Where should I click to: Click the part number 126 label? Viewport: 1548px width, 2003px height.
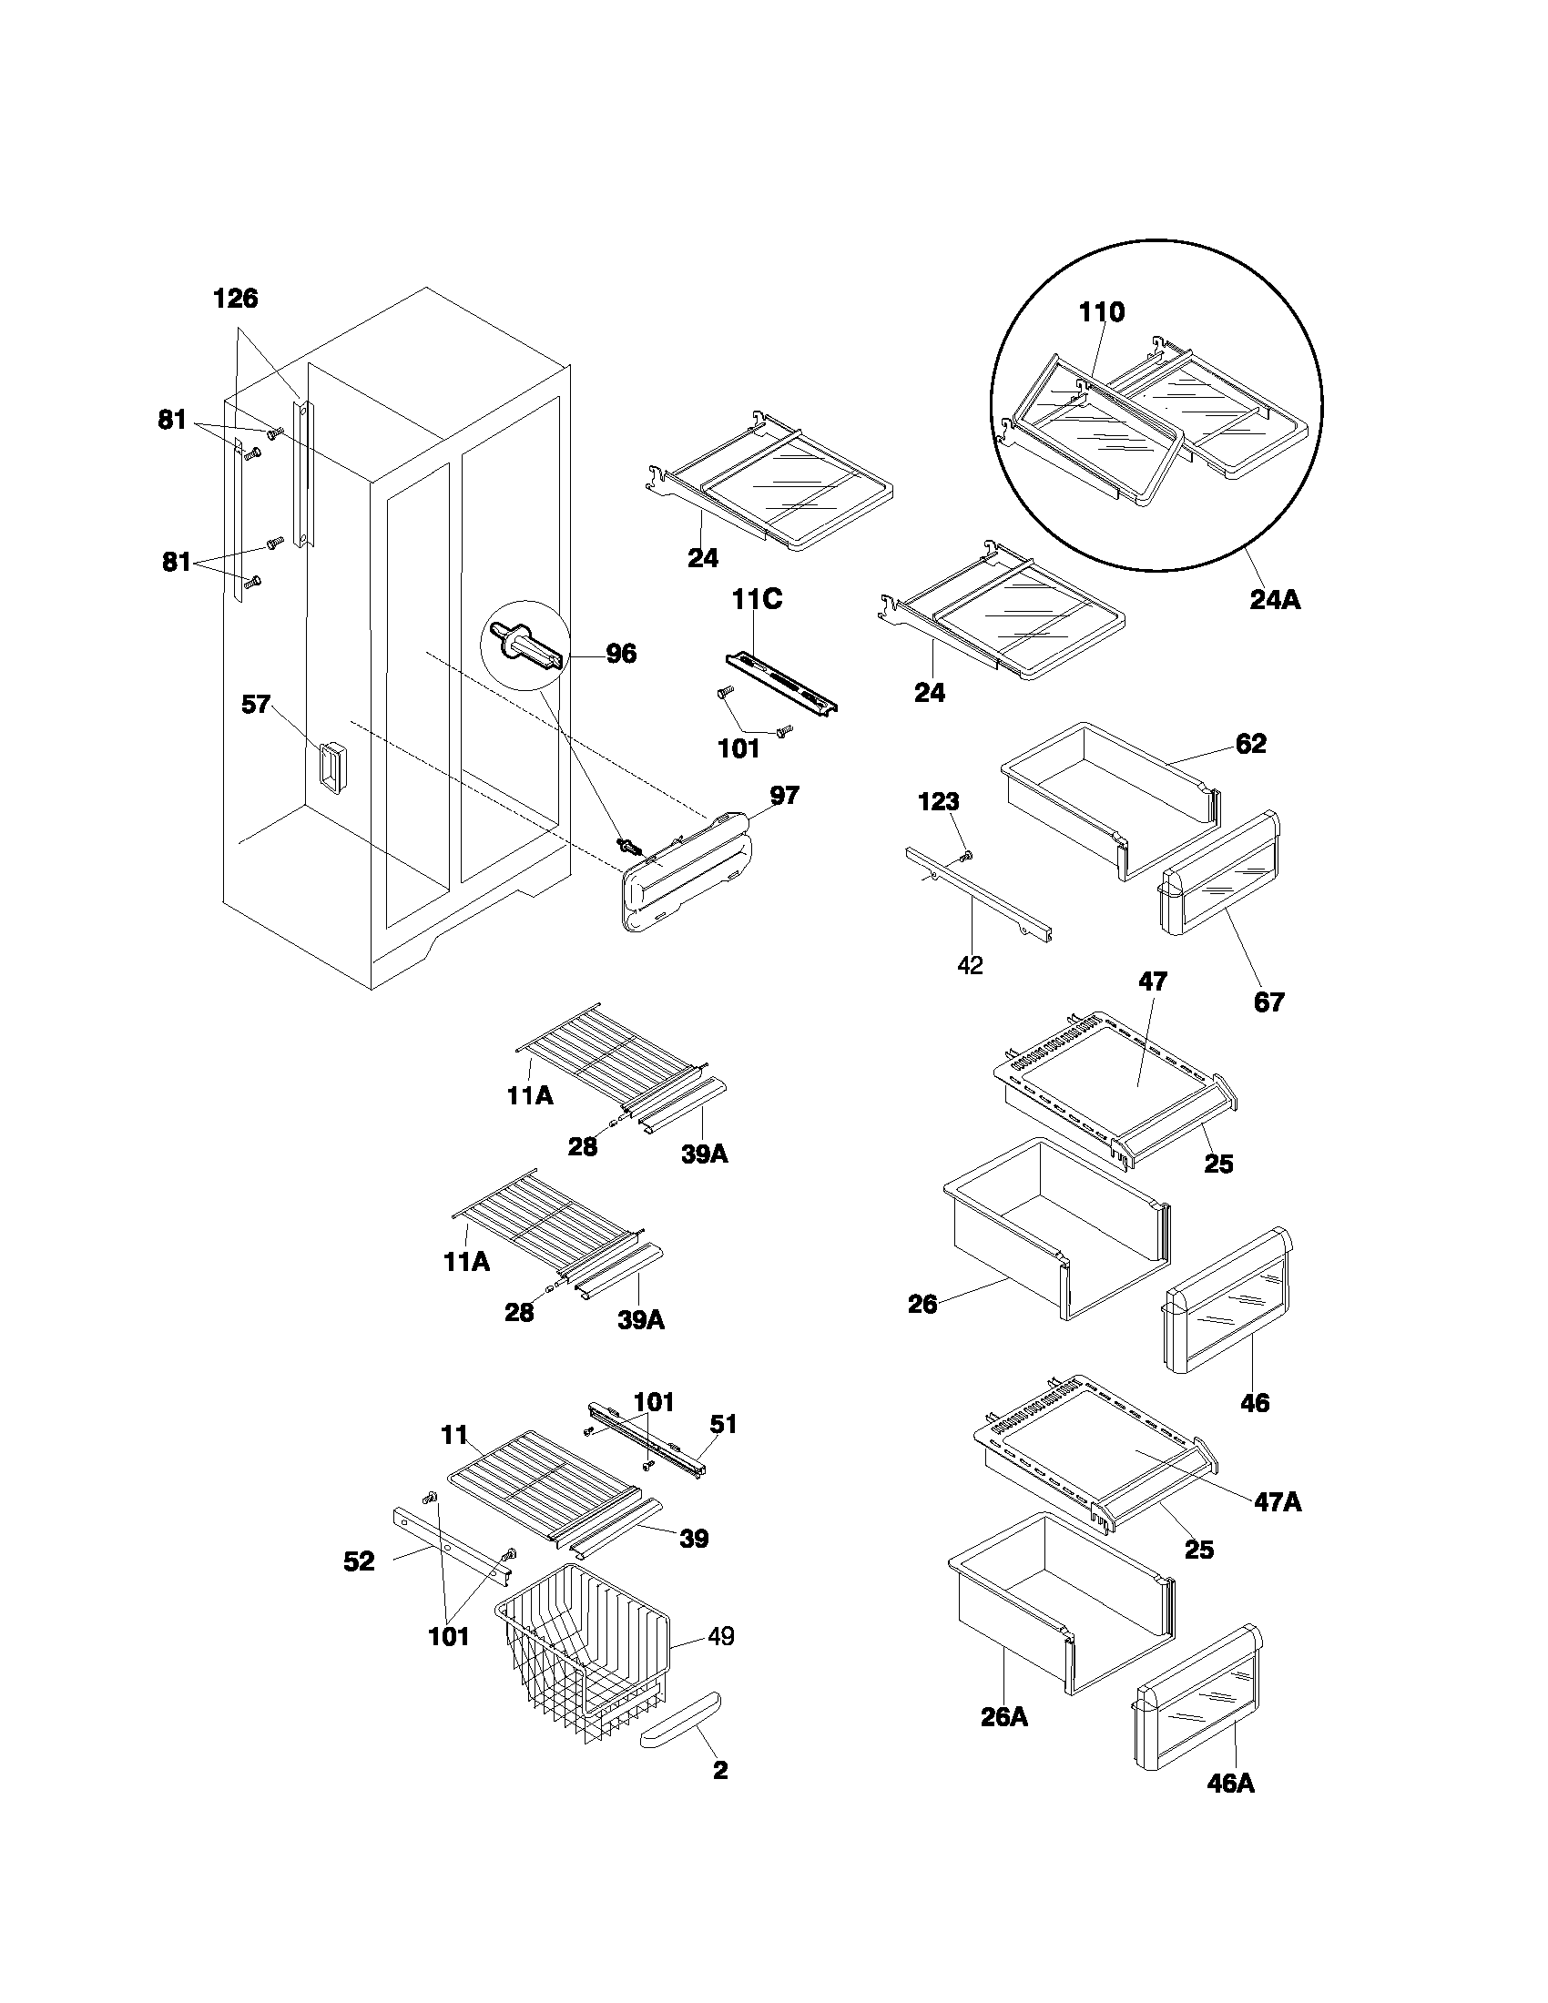236,298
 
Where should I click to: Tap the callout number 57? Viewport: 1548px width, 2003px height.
256,705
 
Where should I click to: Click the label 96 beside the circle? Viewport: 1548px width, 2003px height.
621,654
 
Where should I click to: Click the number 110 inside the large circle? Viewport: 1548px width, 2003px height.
1101,312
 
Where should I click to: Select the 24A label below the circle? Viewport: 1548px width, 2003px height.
1275,600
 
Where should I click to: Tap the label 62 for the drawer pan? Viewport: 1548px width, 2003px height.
1251,744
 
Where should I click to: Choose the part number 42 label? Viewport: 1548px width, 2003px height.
970,965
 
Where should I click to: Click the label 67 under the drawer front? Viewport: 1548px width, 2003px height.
1269,1002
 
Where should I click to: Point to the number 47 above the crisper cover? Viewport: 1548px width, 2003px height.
1153,981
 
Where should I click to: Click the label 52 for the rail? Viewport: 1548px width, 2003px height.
360,1561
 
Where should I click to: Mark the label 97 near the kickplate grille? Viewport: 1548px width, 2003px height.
784,795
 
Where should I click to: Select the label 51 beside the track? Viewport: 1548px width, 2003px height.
724,1424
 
